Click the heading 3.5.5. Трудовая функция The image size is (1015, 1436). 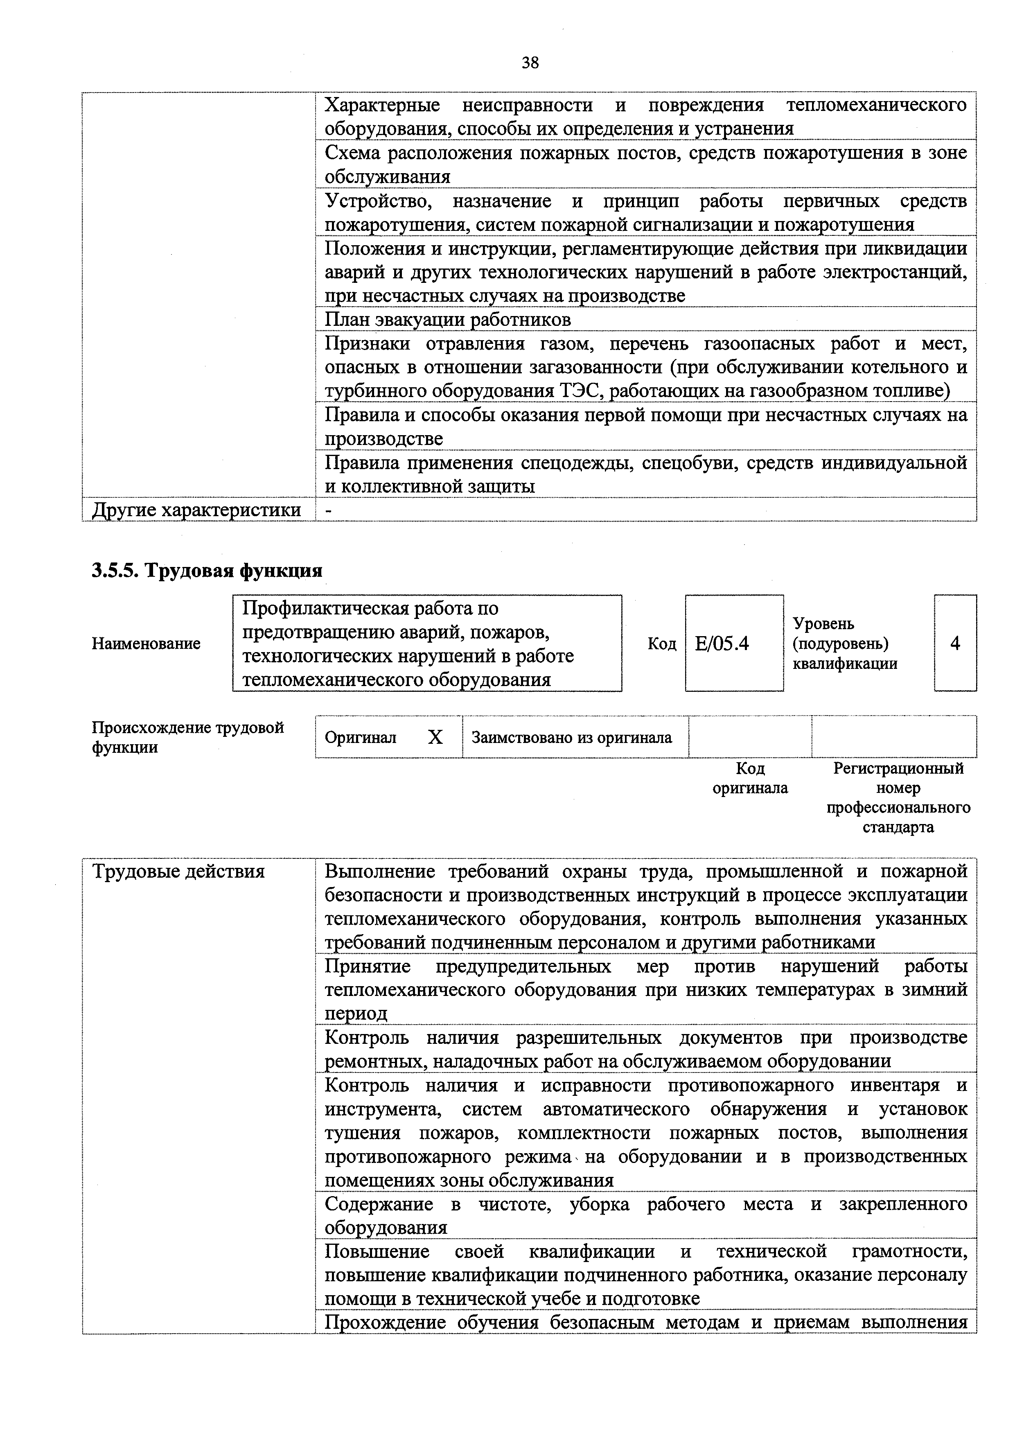click(207, 570)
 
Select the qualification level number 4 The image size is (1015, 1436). click(954, 643)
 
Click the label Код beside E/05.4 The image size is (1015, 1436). click(662, 643)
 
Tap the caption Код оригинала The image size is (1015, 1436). click(750, 778)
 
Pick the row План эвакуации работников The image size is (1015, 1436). click(448, 320)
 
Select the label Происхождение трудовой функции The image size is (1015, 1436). click(187, 737)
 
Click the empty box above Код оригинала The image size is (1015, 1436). click(750, 737)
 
